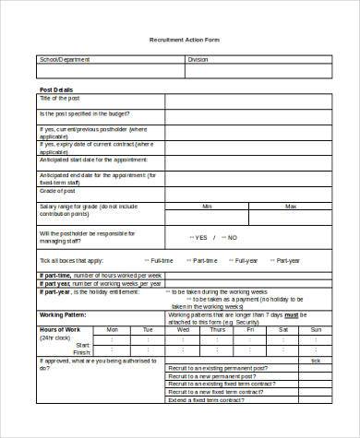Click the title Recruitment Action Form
coord(185,40)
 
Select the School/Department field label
coord(62,59)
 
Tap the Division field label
coord(198,59)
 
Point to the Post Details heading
coord(55,89)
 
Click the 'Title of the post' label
coord(59,98)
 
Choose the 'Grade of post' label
coord(57,190)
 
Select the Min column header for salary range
coord(207,206)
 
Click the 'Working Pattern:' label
coord(63,314)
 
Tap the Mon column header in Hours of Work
coord(113,329)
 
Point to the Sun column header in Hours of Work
coord(316,329)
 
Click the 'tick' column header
coord(316,361)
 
